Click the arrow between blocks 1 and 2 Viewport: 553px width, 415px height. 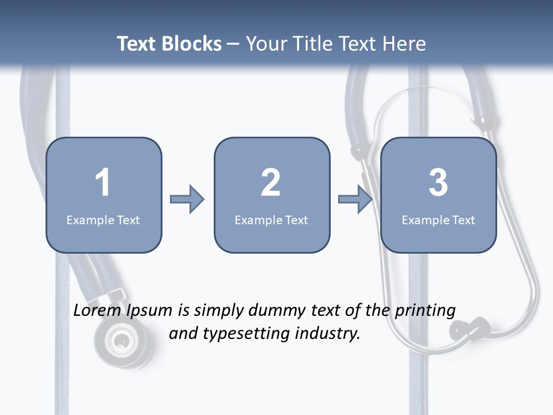click(187, 199)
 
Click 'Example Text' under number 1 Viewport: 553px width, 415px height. click(103, 220)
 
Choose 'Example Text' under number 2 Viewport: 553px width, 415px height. click(271, 220)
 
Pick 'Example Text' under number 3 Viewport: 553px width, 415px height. click(438, 220)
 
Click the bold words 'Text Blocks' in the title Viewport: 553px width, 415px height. click(169, 44)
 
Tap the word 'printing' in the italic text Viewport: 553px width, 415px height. click(425, 311)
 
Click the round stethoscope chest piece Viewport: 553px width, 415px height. click(122, 341)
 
